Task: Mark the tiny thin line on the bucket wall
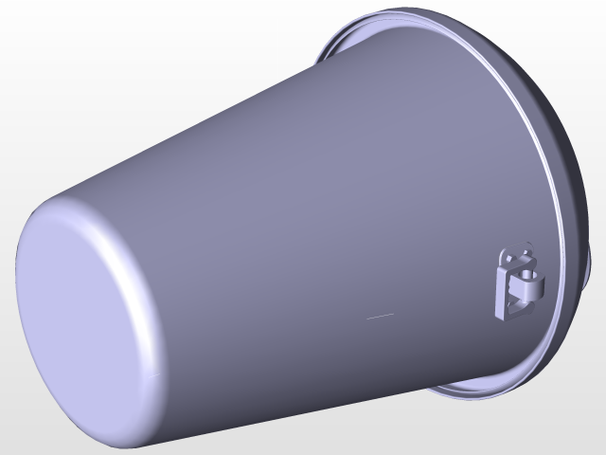pos(380,316)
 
